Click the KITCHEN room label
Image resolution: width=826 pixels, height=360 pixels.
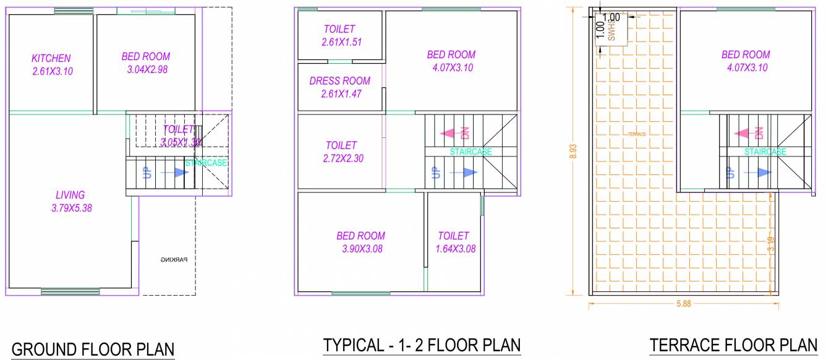(51, 58)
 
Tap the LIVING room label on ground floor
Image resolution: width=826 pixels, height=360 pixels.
(69, 195)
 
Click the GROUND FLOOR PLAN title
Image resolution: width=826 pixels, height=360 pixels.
(93, 349)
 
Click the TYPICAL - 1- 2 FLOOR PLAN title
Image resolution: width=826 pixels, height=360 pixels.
(422, 345)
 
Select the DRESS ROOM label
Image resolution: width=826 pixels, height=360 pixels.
(340, 81)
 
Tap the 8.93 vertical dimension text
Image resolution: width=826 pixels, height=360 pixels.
(573, 152)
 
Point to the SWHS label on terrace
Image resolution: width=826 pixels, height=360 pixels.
(611, 30)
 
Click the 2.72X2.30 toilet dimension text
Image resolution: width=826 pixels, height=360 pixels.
(342, 158)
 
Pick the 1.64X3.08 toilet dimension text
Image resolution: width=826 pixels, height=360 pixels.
(454, 249)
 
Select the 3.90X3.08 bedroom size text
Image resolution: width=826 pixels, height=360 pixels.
(360, 249)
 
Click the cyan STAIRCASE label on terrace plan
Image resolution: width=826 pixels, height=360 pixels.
(765, 152)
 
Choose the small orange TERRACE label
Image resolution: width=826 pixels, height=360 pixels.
(636, 134)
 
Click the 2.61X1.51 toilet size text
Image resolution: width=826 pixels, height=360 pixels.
(340, 42)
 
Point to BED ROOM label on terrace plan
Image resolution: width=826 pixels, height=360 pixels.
(746, 54)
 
